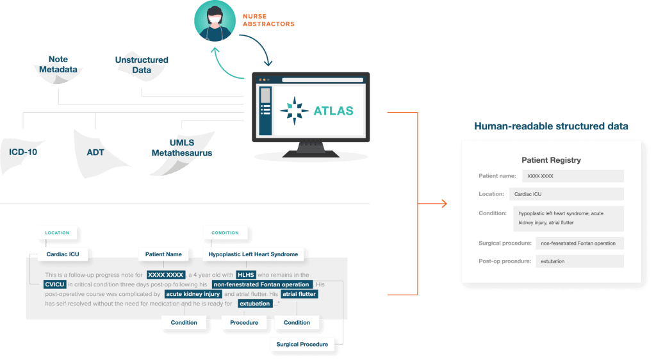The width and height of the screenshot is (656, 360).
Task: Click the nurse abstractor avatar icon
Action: (x=215, y=20)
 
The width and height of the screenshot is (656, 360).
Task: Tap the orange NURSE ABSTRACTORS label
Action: (x=268, y=20)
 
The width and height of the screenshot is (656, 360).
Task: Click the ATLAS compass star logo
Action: (x=295, y=111)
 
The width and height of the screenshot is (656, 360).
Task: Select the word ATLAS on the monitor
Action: (x=333, y=111)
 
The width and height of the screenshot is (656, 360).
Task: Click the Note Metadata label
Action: (x=58, y=65)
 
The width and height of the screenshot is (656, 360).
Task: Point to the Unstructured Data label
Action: (x=142, y=65)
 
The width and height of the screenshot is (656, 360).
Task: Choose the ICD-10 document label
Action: (x=23, y=152)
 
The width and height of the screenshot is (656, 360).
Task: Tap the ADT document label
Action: (x=95, y=152)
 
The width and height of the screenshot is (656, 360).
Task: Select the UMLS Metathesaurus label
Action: (x=181, y=147)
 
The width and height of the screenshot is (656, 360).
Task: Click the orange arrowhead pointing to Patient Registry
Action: (x=445, y=204)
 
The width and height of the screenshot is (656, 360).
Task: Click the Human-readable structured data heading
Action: (x=551, y=126)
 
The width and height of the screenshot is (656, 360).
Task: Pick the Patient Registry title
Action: (x=551, y=160)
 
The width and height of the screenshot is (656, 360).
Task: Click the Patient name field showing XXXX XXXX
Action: (x=573, y=176)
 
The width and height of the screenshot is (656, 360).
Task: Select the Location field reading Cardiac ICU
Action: (x=566, y=194)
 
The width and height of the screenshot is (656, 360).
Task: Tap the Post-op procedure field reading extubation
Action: (x=579, y=261)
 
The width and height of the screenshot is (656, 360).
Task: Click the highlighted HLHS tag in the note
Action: (x=245, y=275)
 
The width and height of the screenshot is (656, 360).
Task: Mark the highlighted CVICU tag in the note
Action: (x=55, y=284)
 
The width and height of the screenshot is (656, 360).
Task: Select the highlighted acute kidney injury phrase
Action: (x=193, y=294)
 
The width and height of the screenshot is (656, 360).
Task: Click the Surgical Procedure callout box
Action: (x=302, y=344)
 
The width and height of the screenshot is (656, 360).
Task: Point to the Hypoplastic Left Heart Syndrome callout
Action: (x=253, y=254)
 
